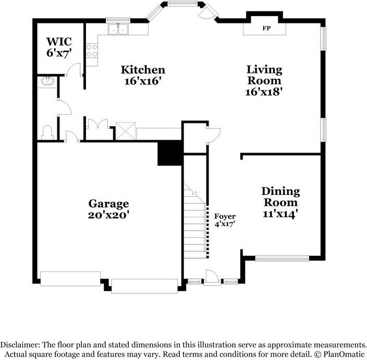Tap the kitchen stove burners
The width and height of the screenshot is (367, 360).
(x=92, y=51)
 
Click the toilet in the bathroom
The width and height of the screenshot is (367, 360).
(x=46, y=131)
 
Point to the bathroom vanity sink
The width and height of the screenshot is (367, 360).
(x=47, y=81)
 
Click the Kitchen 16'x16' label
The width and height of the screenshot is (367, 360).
(x=143, y=75)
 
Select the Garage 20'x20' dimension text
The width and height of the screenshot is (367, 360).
(x=108, y=214)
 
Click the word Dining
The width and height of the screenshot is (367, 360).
(x=280, y=192)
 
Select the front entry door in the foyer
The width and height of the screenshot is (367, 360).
(x=212, y=277)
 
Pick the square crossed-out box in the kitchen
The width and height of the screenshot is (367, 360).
(x=126, y=130)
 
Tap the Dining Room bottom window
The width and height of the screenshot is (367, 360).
(x=282, y=257)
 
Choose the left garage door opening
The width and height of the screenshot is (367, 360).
(x=70, y=279)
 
